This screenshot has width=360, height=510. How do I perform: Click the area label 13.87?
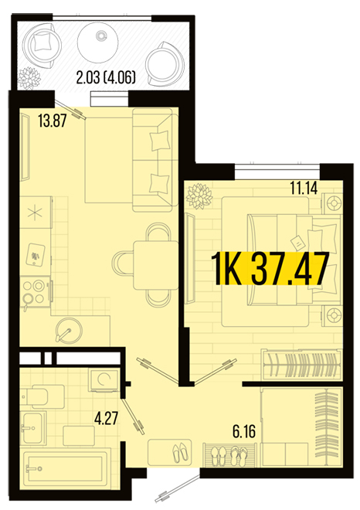tap(53, 121)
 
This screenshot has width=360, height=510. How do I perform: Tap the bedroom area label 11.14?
tap(304, 188)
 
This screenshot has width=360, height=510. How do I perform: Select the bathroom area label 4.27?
tap(106, 418)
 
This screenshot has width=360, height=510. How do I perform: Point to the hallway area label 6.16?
tap(244, 431)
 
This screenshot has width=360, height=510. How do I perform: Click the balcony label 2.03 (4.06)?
tap(106, 78)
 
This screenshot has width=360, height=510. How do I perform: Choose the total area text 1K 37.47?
tap(270, 270)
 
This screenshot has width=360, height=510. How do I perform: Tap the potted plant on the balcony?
tap(29, 78)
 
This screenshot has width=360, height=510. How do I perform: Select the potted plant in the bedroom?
tap(199, 195)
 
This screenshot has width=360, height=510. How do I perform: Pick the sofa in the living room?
tap(152, 160)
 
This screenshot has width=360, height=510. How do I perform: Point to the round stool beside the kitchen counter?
tap(69, 330)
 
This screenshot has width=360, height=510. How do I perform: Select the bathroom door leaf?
tap(133, 416)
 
